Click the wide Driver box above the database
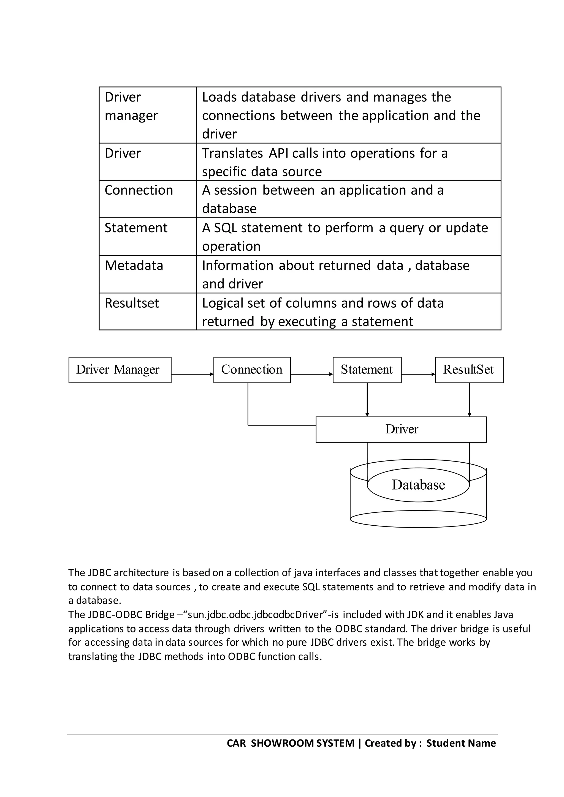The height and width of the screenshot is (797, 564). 401,429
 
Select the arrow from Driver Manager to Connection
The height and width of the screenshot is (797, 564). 192,374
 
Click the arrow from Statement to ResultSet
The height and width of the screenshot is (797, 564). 418,374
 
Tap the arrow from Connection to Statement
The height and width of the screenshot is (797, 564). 311,374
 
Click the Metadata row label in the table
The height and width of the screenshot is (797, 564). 134,266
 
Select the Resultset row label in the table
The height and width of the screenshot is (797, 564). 132,303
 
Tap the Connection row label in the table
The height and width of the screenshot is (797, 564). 139,190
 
